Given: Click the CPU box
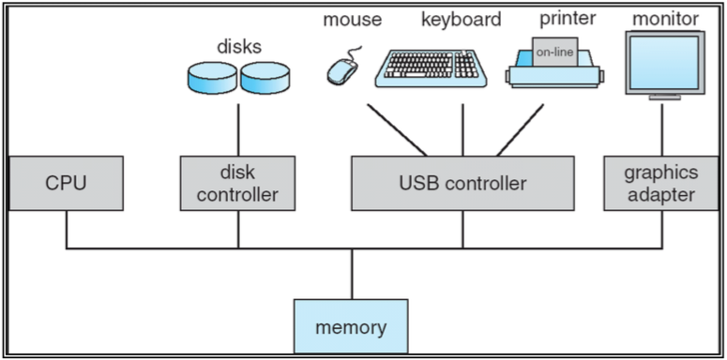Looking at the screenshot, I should (x=67, y=183).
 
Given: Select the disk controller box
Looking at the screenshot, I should (x=238, y=183).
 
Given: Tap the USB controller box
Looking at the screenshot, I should (x=462, y=183).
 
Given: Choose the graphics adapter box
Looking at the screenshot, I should (x=662, y=183).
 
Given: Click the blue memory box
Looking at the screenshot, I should (x=351, y=327).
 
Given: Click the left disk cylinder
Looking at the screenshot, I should (x=213, y=79).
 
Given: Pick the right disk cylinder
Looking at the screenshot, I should (x=266, y=79).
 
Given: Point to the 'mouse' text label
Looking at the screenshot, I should (x=351, y=19).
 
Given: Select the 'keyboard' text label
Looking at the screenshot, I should (x=461, y=19).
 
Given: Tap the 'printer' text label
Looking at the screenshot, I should (x=568, y=19).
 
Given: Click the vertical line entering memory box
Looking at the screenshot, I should (x=351, y=274).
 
